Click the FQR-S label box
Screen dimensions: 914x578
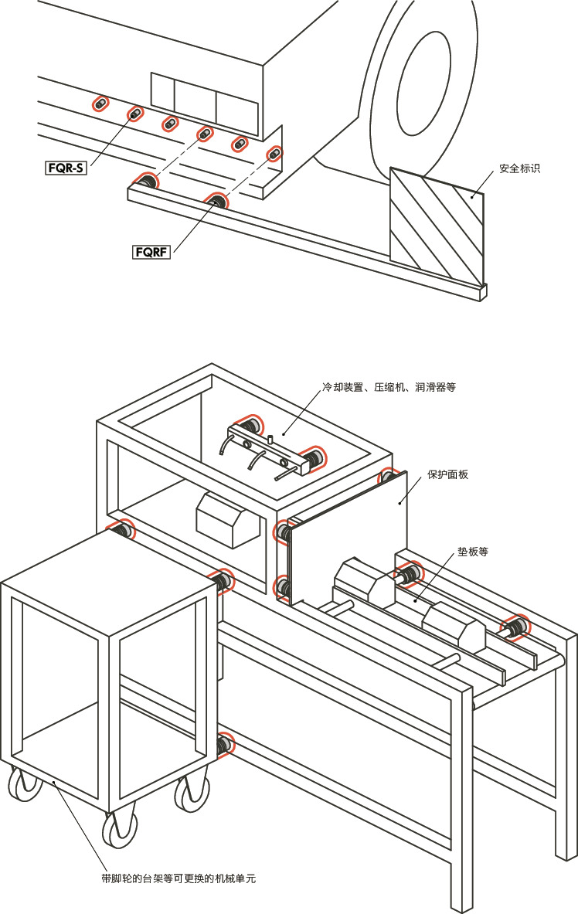click(x=65, y=166)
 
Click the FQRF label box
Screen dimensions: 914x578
click(x=151, y=252)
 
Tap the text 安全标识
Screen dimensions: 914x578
click(x=519, y=168)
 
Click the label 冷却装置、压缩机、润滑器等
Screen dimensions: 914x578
click(x=389, y=387)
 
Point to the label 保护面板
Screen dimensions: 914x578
click(x=447, y=474)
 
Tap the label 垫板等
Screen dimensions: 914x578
click(x=472, y=552)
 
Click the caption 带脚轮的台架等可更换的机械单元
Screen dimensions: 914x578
click(x=178, y=878)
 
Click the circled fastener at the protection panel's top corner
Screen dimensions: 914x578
click(x=389, y=478)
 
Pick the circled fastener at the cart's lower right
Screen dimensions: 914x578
click(x=225, y=745)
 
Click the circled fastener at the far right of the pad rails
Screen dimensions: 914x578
click(x=516, y=627)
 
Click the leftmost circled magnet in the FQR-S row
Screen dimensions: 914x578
click(x=100, y=104)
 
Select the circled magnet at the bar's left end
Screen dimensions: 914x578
click(x=144, y=182)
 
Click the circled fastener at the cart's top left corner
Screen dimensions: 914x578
click(x=122, y=531)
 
